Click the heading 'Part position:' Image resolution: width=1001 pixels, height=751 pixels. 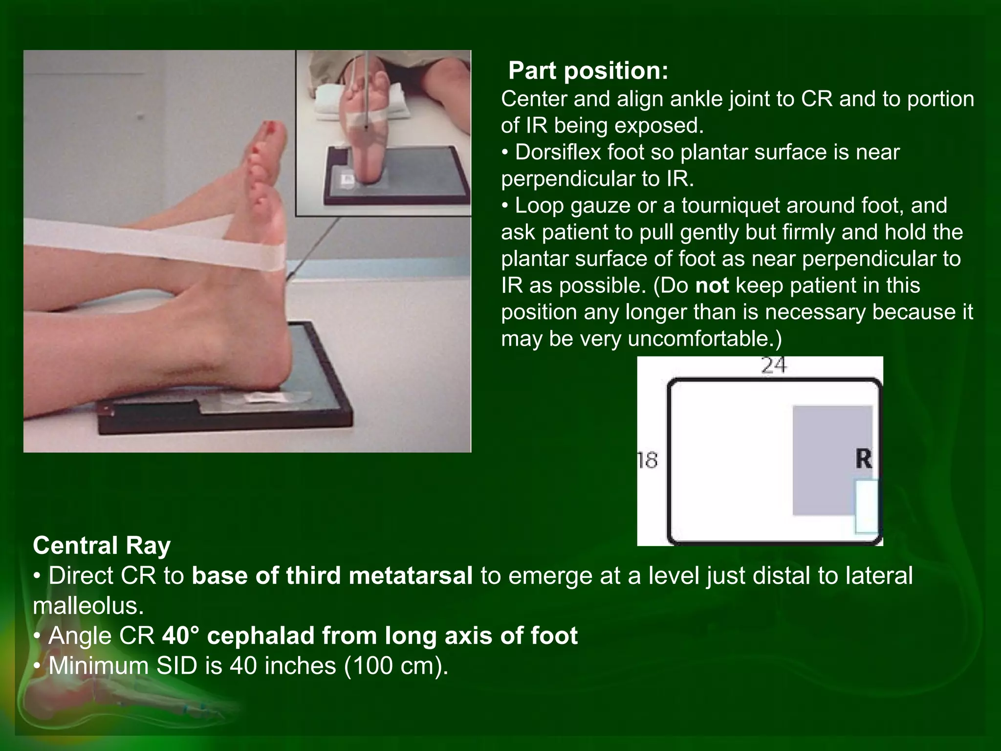pyautogui.click(x=588, y=71)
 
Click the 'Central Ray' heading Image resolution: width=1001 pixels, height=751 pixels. pyautogui.click(x=102, y=546)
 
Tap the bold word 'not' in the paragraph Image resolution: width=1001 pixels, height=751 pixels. pyautogui.click(x=712, y=285)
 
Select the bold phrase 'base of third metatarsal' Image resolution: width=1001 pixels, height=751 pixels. pyautogui.click(x=332, y=575)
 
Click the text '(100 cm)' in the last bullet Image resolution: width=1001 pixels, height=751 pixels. pyautogui.click(x=396, y=666)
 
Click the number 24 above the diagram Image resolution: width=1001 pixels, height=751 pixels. pyautogui.click(x=774, y=365)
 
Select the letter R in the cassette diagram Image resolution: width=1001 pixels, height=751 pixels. pyautogui.click(x=864, y=460)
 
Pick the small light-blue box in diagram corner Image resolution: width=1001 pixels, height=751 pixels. pyautogui.click(x=866, y=506)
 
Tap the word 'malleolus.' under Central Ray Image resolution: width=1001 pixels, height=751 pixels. pyautogui.click(x=88, y=606)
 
